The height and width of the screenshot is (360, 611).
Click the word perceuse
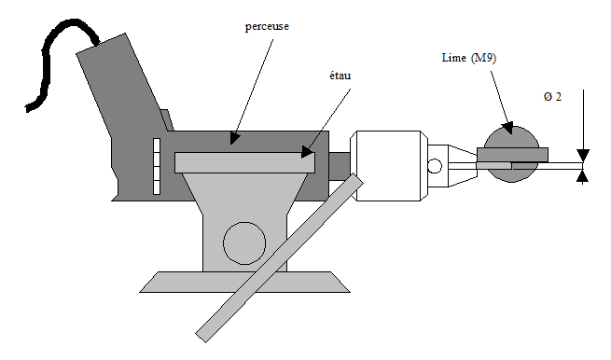coord(267,26)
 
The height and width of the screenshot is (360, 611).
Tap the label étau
coord(340,75)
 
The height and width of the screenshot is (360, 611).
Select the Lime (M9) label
coord(469,58)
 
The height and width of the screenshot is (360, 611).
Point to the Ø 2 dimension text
coord(552,97)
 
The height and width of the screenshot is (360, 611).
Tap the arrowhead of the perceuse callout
coord(234,138)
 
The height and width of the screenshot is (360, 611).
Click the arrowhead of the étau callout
coord(308,152)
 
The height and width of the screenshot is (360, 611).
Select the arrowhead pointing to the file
coord(507,128)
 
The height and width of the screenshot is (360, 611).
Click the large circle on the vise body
coord(244,243)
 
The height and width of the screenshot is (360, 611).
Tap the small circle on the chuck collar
coord(435,166)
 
